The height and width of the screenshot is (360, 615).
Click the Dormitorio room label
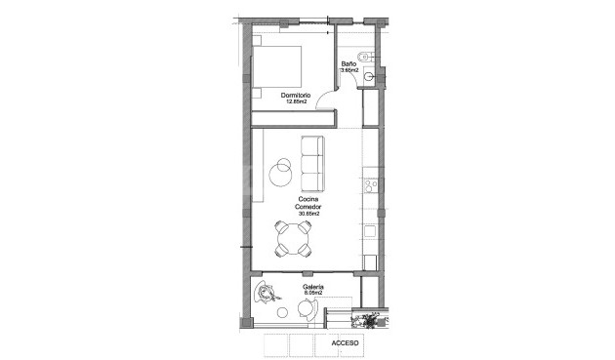click(x=296, y=96)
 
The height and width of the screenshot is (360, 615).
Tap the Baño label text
click(x=348, y=63)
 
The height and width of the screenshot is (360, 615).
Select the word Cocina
click(x=308, y=199)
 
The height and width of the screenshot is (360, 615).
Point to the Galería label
click(x=313, y=287)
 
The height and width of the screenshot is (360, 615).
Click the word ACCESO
click(x=346, y=342)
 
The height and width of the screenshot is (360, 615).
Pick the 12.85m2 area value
click(x=296, y=101)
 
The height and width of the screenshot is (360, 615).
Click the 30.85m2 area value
click(x=308, y=214)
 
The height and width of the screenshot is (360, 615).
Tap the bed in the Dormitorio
click(x=276, y=66)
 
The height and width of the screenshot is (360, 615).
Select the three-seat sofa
click(x=312, y=164)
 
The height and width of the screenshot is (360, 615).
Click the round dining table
click(x=293, y=239)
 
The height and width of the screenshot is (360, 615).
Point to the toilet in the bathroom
click(x=366, y=58)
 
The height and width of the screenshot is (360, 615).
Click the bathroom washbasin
click(x=369, y=76)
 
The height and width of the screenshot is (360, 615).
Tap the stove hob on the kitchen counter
click(x=371, y=185)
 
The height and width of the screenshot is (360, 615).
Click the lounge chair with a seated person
click(x=266, y=293)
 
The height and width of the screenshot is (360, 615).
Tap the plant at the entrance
click(x=369, y=321)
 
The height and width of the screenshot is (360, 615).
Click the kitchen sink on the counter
click(x=369, y=231)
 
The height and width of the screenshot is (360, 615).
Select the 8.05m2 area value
click(x=313, y=293)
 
